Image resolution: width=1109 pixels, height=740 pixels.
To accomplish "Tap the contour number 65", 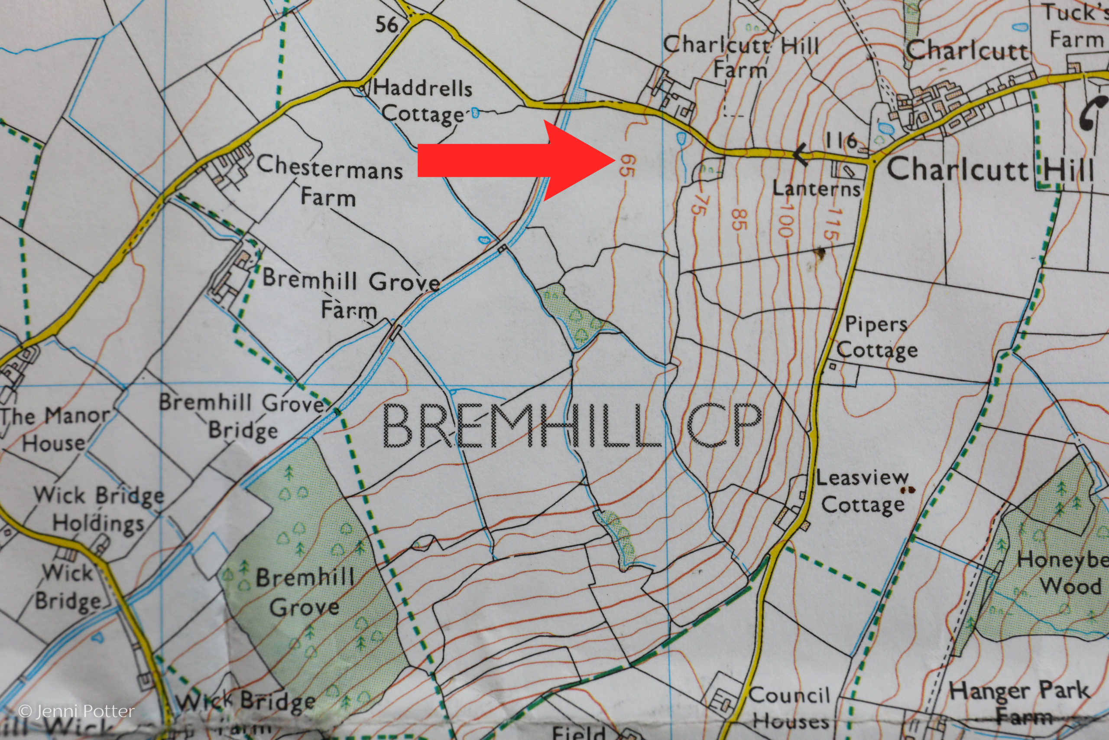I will (x=628, y=166).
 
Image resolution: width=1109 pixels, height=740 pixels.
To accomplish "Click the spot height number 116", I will (x=841, y=140).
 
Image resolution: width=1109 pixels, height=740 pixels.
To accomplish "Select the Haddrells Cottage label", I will (x=423, y=101).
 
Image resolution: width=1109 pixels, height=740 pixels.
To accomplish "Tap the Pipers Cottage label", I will (x=876, y=337).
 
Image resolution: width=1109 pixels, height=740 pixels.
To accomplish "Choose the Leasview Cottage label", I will (x=863, y=491).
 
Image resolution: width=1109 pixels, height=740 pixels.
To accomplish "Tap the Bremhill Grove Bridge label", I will (x=243, y=415).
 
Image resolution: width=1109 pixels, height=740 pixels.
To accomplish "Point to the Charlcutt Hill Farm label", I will (x=741, y=57).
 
